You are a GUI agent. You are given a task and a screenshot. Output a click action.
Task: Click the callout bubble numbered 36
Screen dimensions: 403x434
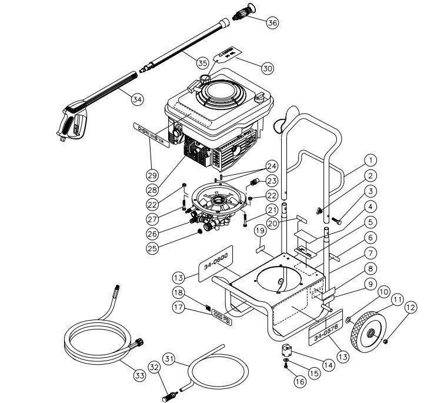click(x=272, y=22)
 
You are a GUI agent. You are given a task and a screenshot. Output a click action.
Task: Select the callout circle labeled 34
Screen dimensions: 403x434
click(x=137, y=99)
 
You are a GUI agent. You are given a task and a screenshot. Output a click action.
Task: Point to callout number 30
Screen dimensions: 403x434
click(x=267, y=68)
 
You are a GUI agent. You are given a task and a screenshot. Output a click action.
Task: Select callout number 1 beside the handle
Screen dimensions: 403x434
click(x=370, y=159)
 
